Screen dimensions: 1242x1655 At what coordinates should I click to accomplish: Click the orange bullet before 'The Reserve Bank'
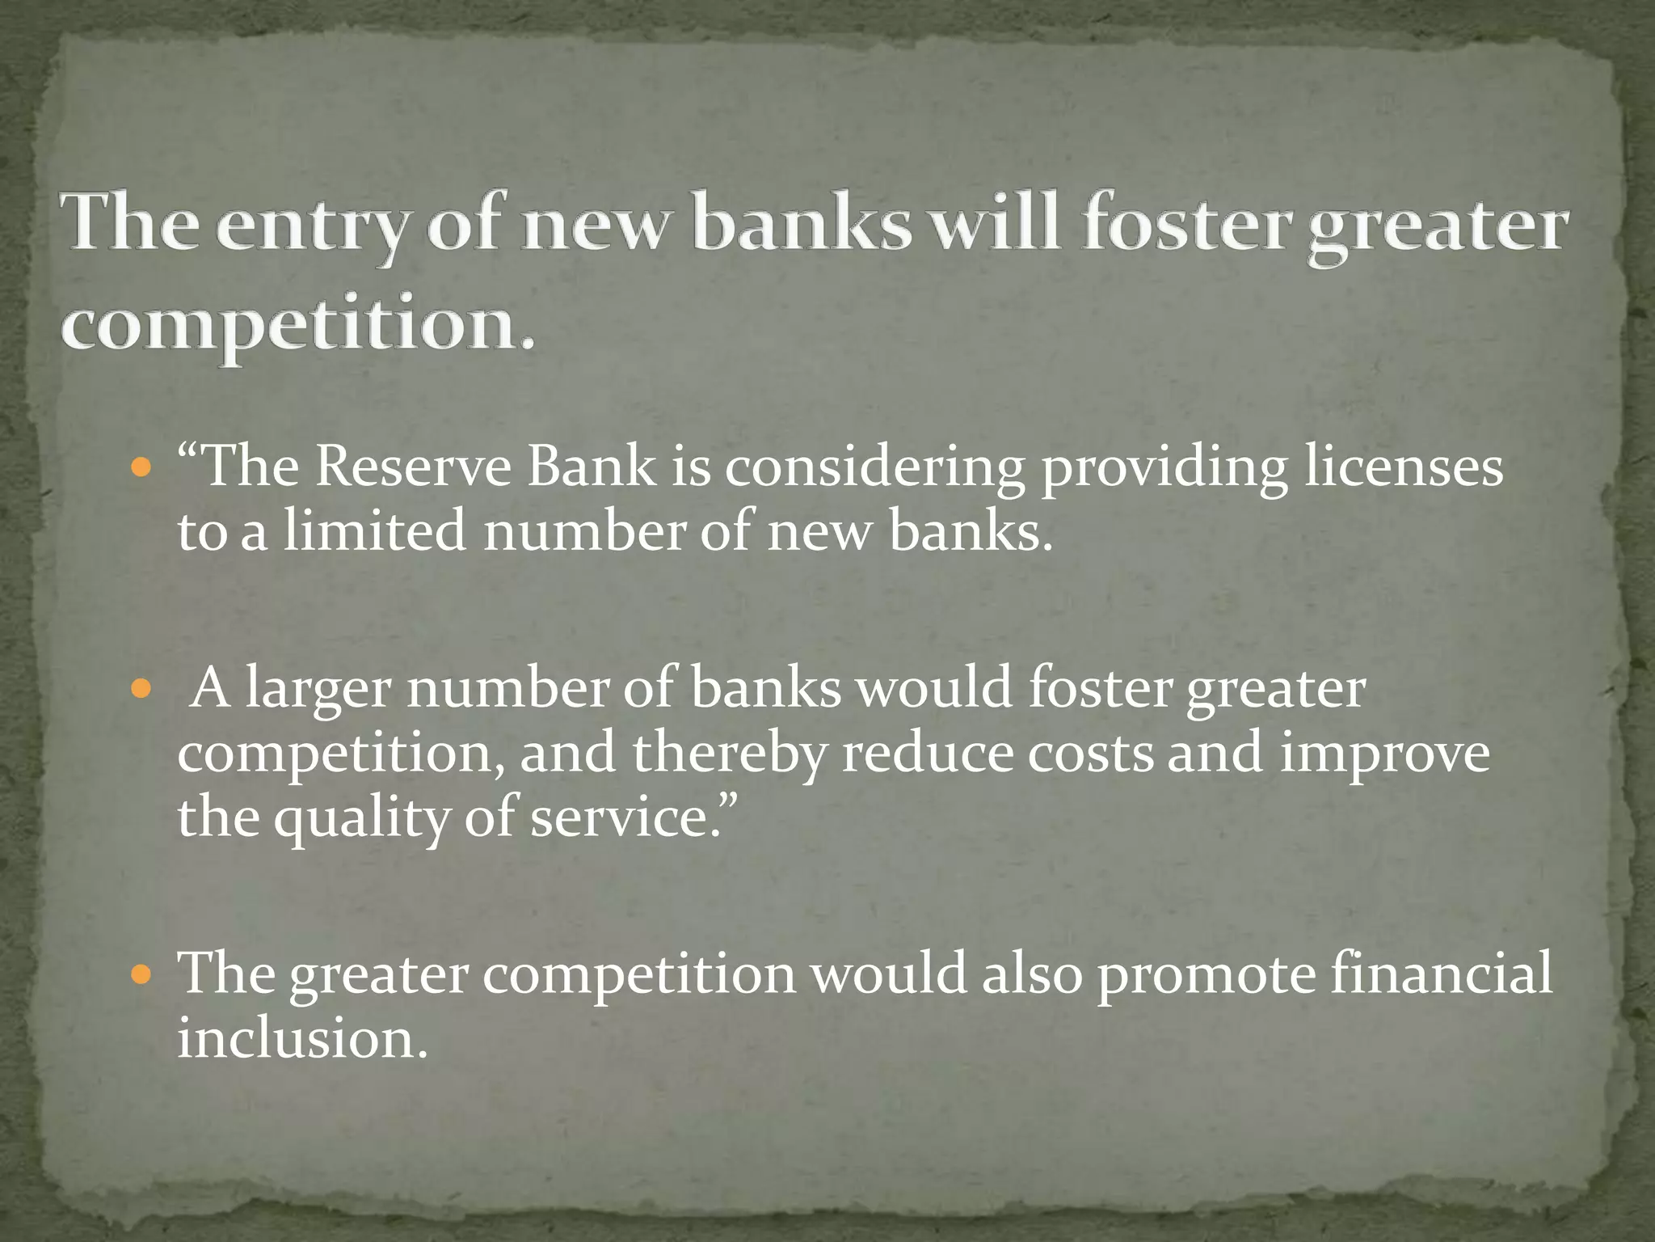coord(141,468)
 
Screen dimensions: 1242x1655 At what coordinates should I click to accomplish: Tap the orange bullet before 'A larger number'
coord(141,689)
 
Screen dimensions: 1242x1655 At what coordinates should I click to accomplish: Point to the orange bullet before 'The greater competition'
coord(141,974)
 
